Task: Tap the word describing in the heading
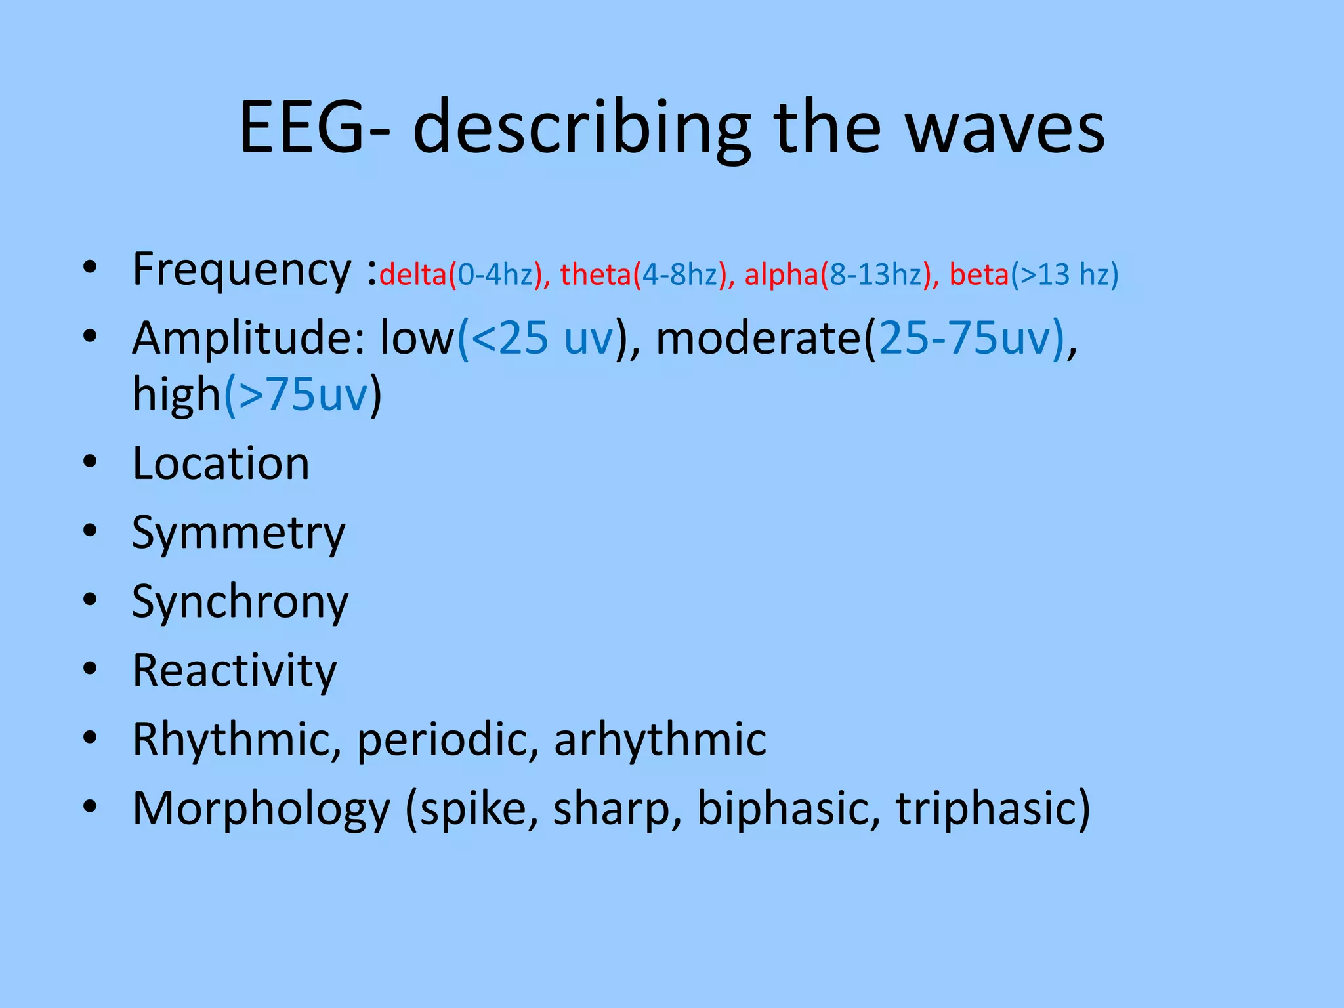click(x=581, y=129)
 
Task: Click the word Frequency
click(x=242, y=270)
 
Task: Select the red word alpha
click(x=782, y=274)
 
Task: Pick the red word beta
click(x=978, y=274)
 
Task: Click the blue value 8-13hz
click(x=875, y=274)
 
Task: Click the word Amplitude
click(x=242, y=339)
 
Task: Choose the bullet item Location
click(x=220, y=464)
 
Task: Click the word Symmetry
click(x=238, y=534)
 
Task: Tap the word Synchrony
click(x=240, y=602)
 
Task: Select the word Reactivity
click(x=234, y=671)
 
